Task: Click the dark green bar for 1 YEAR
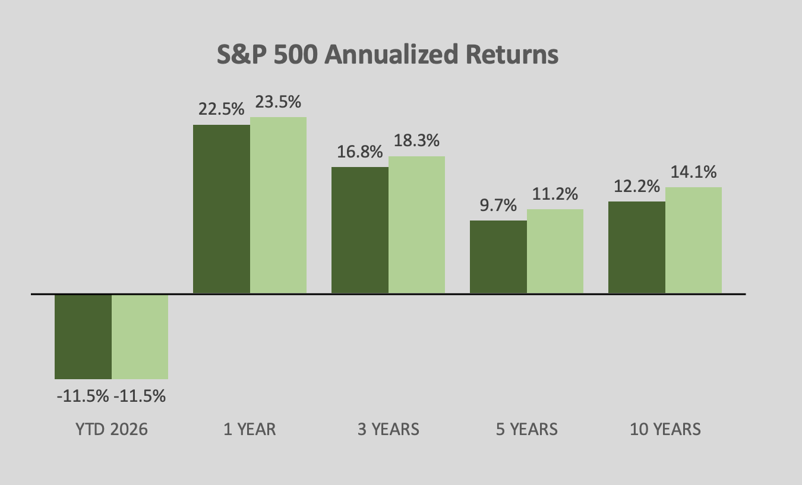point(222,209)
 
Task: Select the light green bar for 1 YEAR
point(278,205)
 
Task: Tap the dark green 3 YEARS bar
point(360,230)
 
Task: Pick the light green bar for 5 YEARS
point(555,251)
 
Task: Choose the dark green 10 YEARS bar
point(637,247)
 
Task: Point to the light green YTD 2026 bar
point(140,336)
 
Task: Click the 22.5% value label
point(221,109)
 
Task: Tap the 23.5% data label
point(278,102)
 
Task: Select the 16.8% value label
point(360,152)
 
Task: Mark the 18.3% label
point(416,141)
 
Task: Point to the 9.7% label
point(498,206)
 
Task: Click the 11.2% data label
point(555,194)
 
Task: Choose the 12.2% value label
point(637,187)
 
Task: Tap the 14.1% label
point(693,172)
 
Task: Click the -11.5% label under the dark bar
point(83,396)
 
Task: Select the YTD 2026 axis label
point(111,429)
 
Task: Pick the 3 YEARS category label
point(388,429)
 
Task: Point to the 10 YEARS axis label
point(665,429)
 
